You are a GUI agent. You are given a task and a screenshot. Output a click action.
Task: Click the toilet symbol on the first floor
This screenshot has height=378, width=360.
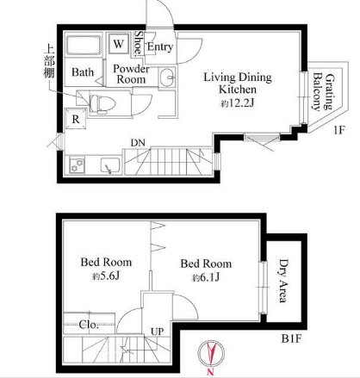click(x=102, y=104)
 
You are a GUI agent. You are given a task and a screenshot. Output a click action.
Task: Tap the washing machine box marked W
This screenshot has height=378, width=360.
click(x=118, y=45)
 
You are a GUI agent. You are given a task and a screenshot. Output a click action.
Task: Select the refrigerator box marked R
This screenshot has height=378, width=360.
click(x=76, y=119)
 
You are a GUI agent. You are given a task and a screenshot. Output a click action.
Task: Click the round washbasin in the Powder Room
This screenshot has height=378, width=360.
click(x=168, y=77)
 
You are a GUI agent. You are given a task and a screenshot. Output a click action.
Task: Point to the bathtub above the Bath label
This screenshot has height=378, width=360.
click(x=84, y=46)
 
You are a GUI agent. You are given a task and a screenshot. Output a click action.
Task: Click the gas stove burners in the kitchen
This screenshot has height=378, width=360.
click(x=77, y=165)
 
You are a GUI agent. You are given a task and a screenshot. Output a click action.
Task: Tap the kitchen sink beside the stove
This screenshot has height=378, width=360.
click(x=110, y=165)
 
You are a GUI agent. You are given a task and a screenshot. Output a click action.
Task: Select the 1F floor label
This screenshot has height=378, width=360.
click(x=338, y=130)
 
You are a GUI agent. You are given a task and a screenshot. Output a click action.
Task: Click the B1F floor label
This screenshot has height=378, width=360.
click(x=291, y=338)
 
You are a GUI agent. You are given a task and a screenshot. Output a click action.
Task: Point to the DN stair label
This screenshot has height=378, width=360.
click(x=138, y=143)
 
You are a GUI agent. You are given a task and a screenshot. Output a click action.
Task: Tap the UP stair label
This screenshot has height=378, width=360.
click(x=158, y=332)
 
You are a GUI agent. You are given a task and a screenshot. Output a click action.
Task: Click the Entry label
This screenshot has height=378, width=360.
click(x=160, y=46)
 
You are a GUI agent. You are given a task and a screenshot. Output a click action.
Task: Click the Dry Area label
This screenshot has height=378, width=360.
click(x=283, y=281)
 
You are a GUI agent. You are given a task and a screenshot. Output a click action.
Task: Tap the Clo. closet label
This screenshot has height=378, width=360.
click(x=89, y=325)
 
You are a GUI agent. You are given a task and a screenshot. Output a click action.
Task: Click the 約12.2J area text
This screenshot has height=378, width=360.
click(x=238, y=103)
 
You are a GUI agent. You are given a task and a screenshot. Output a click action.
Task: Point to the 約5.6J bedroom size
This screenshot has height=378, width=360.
click(x=106, y=276)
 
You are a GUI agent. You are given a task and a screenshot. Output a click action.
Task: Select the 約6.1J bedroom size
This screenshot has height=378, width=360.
click(x=206, y=277)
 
